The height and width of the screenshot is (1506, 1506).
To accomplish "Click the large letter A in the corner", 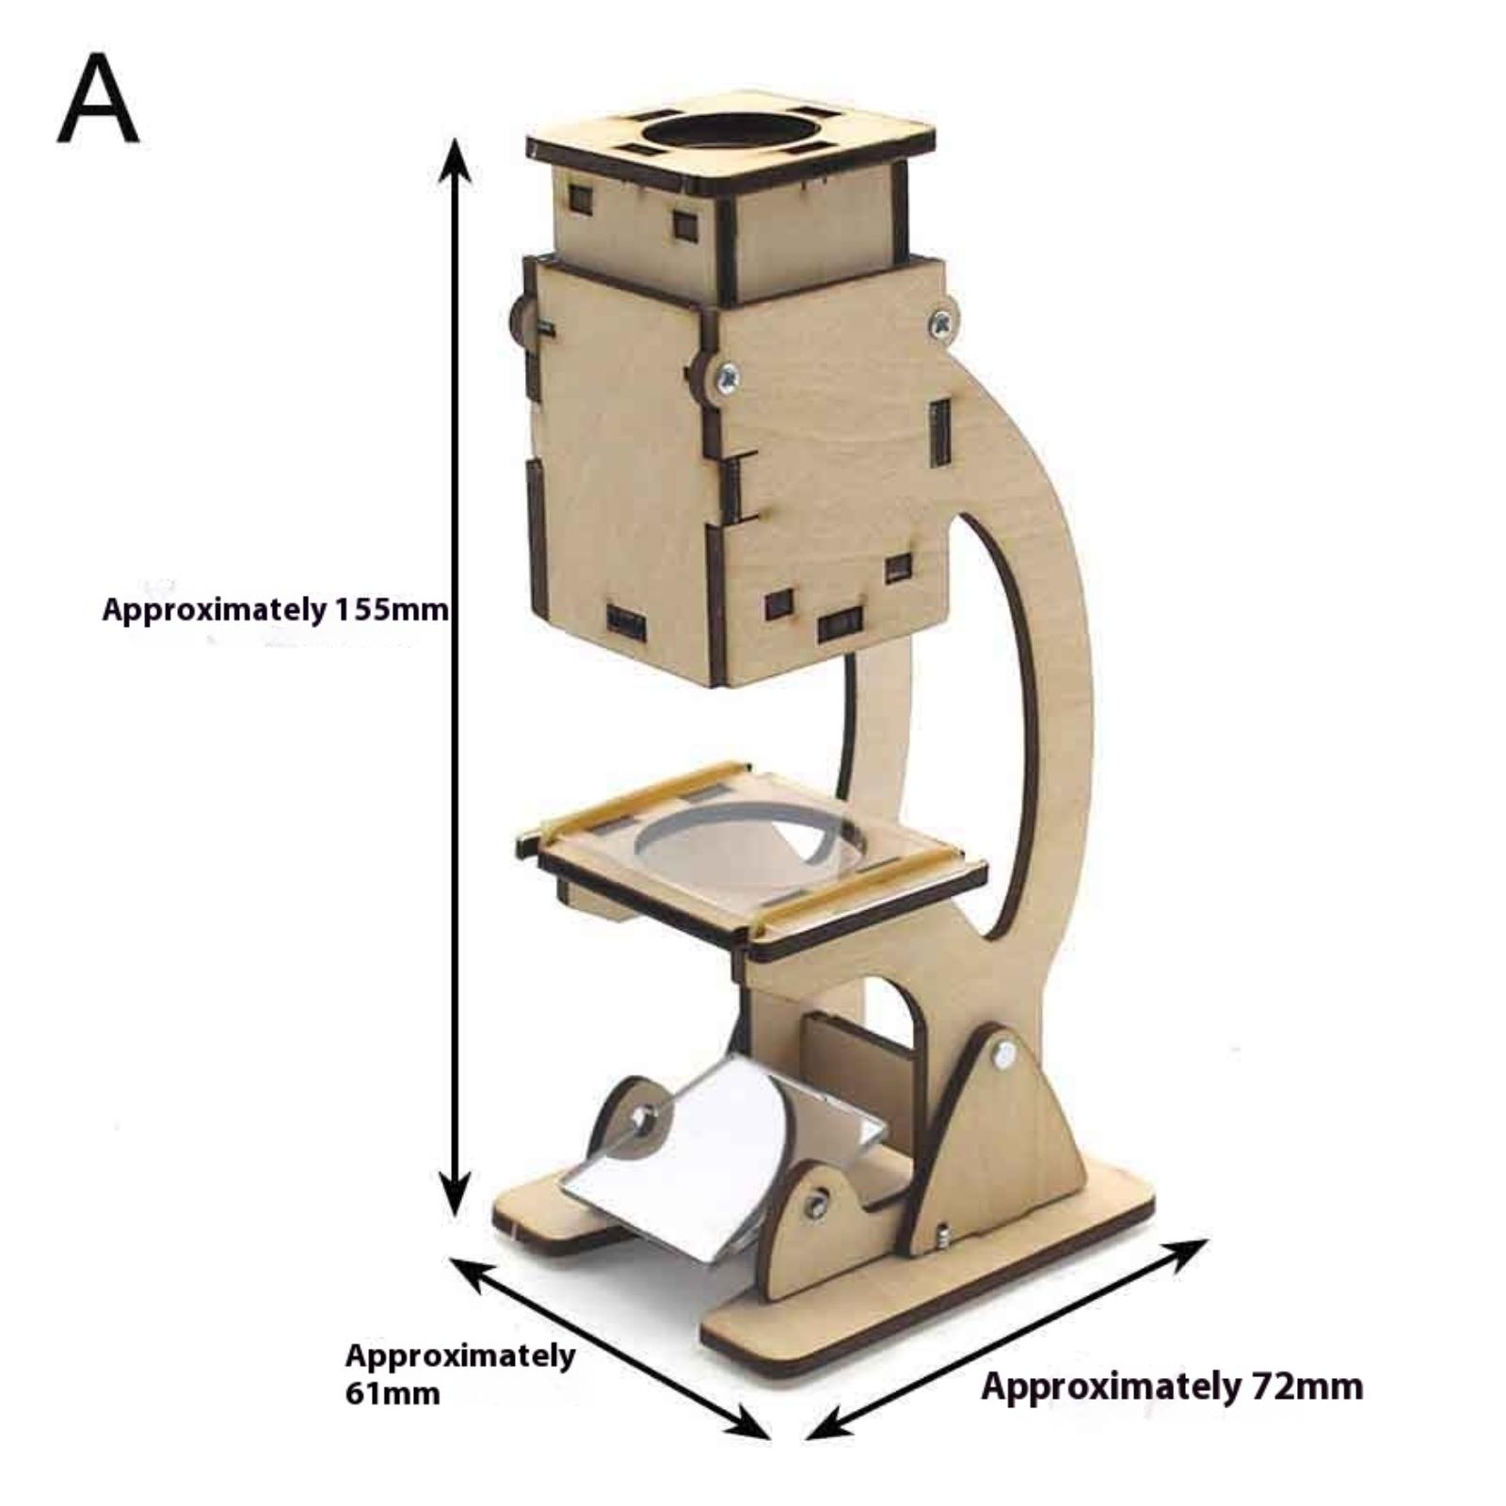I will (98, 98).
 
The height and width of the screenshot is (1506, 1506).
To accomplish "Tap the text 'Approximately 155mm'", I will (275, 610).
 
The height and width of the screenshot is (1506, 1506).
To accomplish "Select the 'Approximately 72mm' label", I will (1172, 1386).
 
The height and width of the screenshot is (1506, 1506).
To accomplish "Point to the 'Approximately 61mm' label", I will (459, 1373).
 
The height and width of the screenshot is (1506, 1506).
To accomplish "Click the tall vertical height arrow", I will (457, 678).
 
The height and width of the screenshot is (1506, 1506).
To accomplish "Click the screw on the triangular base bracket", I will (1004, 1052).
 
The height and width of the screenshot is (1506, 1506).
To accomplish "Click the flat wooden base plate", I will (941, 1290).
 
